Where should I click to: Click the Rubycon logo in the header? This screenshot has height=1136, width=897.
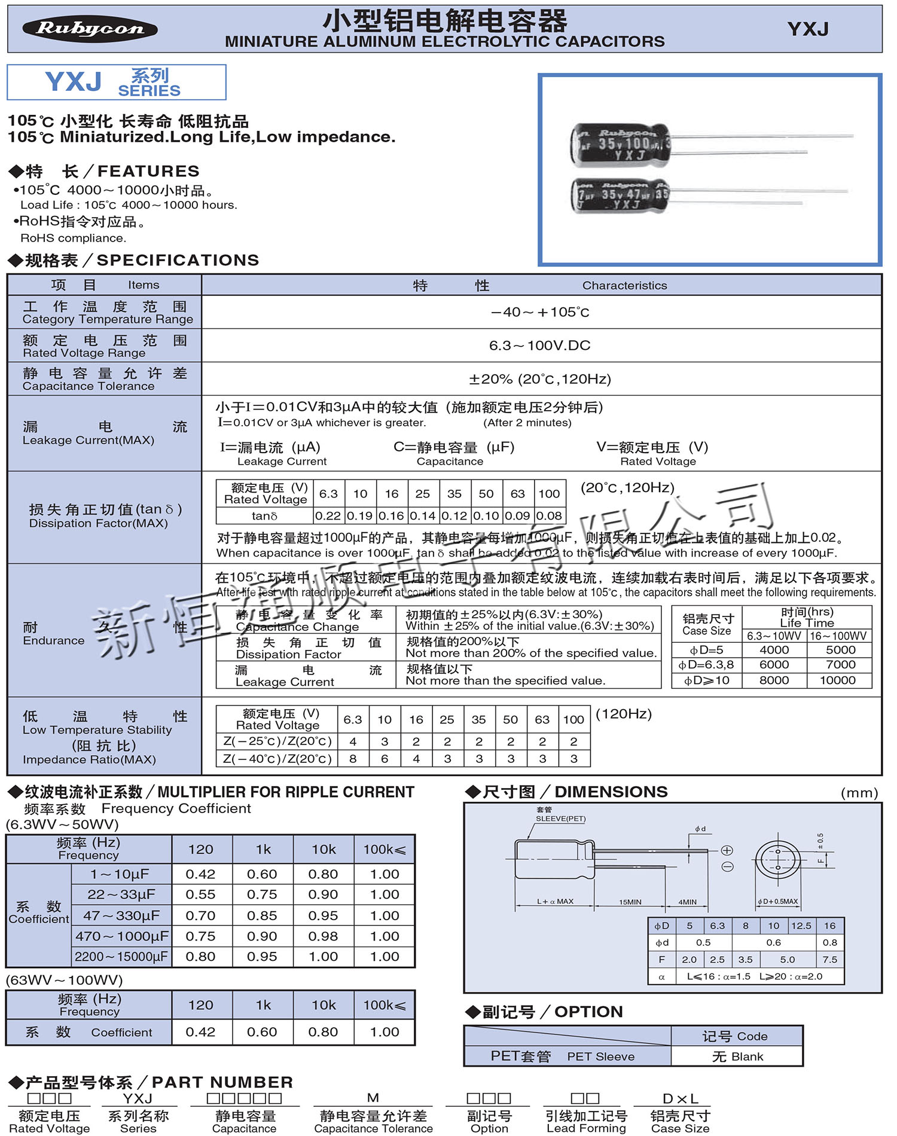click(90, 29)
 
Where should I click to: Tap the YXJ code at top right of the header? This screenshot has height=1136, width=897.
click(808, 29)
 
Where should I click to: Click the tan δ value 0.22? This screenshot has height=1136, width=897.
click(328, 516)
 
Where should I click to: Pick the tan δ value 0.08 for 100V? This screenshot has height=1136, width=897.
click(549, 516)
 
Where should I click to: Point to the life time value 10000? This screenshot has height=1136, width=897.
click(837, 680)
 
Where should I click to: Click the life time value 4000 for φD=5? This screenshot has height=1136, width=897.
click(774, 650)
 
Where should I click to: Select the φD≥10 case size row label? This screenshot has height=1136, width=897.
click(706, 680)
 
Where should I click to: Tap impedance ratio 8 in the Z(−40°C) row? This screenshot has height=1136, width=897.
click(353, 759)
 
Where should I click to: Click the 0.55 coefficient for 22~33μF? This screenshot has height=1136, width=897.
click(200, 894)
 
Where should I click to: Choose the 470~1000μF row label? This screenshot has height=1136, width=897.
click(121, 936)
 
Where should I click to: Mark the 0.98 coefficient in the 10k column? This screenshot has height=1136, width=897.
click(323, 936)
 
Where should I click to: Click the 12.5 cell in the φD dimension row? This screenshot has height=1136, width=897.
click(801, 926)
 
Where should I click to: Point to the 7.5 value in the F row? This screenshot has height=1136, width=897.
click(829, 960)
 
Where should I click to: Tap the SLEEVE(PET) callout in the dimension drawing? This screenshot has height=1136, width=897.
click(560, 819)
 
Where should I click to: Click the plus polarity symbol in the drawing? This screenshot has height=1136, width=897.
click(727, 850)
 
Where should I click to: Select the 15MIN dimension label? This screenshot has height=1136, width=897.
click(630, 902)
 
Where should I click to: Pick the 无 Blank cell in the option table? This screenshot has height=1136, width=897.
click(737, 1056)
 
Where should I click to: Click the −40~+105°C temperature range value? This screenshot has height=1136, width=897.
click(540, 312)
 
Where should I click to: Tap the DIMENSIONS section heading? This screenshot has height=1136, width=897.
click(611, 792)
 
